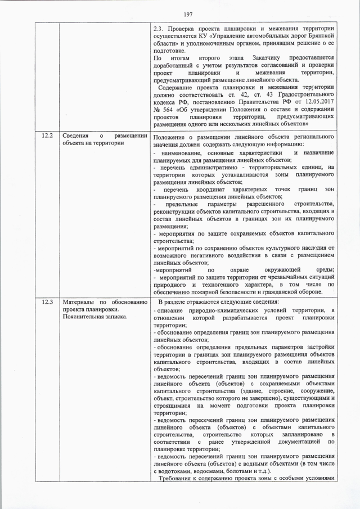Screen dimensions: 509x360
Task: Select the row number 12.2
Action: point(47,136)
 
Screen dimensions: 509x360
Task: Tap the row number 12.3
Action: point(47,302)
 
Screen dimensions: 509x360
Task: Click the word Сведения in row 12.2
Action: point(76,136)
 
